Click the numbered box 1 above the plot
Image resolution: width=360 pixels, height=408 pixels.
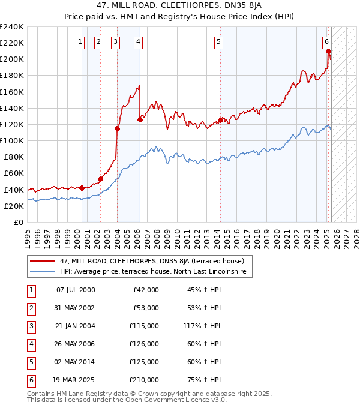[x=80, y=41]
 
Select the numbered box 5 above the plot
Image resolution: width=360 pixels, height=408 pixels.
[x=218, y=41]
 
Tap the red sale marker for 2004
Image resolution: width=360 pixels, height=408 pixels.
[x=118, y=128]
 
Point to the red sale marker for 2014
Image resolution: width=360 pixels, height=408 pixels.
[x=220, y=120]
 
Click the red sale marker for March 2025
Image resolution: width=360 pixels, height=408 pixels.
[x=329, y=51]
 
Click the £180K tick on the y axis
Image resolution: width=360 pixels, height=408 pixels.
[x=12, y=76]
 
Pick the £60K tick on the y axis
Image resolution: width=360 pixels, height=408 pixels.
[x=14, y=173]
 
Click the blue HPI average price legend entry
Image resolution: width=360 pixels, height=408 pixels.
[x=156, y=271]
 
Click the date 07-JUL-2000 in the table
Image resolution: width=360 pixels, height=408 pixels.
[x=76, y=290]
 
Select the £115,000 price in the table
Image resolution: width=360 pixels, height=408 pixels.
[x=145, y=326]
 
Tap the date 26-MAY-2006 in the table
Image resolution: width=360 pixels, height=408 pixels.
[x=76, y=344]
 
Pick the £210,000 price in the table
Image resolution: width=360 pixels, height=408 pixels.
[x=145, y=380]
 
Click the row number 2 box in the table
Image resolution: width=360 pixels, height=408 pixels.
[x=30, y=308]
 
